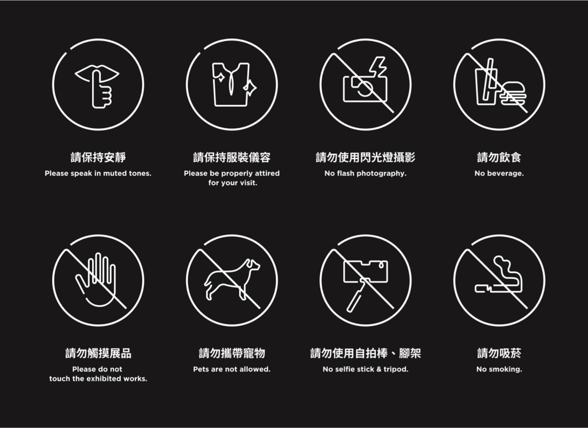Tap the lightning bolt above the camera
click(x=377, y=67)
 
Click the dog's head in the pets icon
click(x=253, y=264)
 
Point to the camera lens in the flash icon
click(x=365, y=88)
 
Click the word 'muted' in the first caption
click(x=115, y=173)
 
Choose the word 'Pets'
click(x=200, y=369)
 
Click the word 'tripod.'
click(x=396, y=370)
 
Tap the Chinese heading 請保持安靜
click(x=98, y=157)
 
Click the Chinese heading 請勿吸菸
click(x=499, y=353)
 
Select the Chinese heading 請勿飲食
click(x=499, y=157)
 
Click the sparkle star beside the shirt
click(x=250, y=88)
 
